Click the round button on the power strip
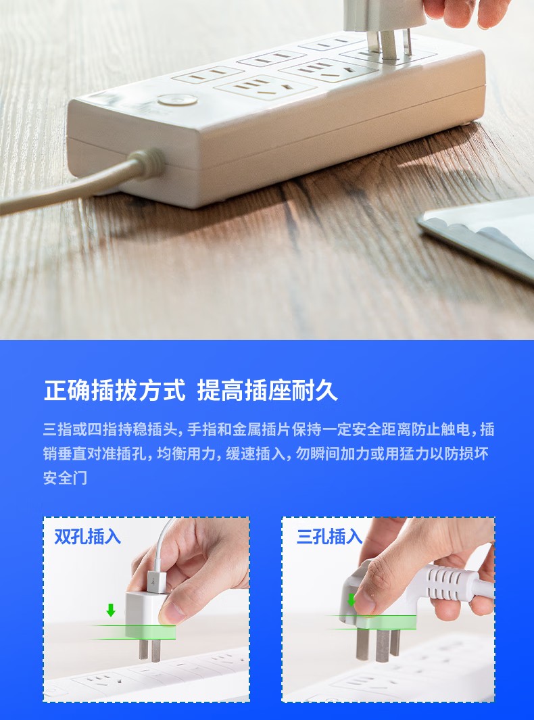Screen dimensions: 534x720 pos(177,100)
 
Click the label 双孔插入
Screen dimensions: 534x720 pos(88,536)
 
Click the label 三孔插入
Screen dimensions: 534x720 pos(329,536)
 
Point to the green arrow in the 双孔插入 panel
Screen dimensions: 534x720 pos(111,610)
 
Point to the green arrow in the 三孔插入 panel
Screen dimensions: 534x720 pos(351,600)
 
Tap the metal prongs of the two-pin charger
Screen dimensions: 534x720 pos(150,650)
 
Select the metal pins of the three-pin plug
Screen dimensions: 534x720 pos(378,645)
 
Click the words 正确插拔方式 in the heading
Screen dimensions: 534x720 pos(115,390)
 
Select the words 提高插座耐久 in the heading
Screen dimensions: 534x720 pos(268,390)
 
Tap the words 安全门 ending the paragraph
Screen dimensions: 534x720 pos(65,477)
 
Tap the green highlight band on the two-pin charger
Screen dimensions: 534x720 pos(150,632)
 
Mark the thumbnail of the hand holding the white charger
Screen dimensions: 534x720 pos(147,610)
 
